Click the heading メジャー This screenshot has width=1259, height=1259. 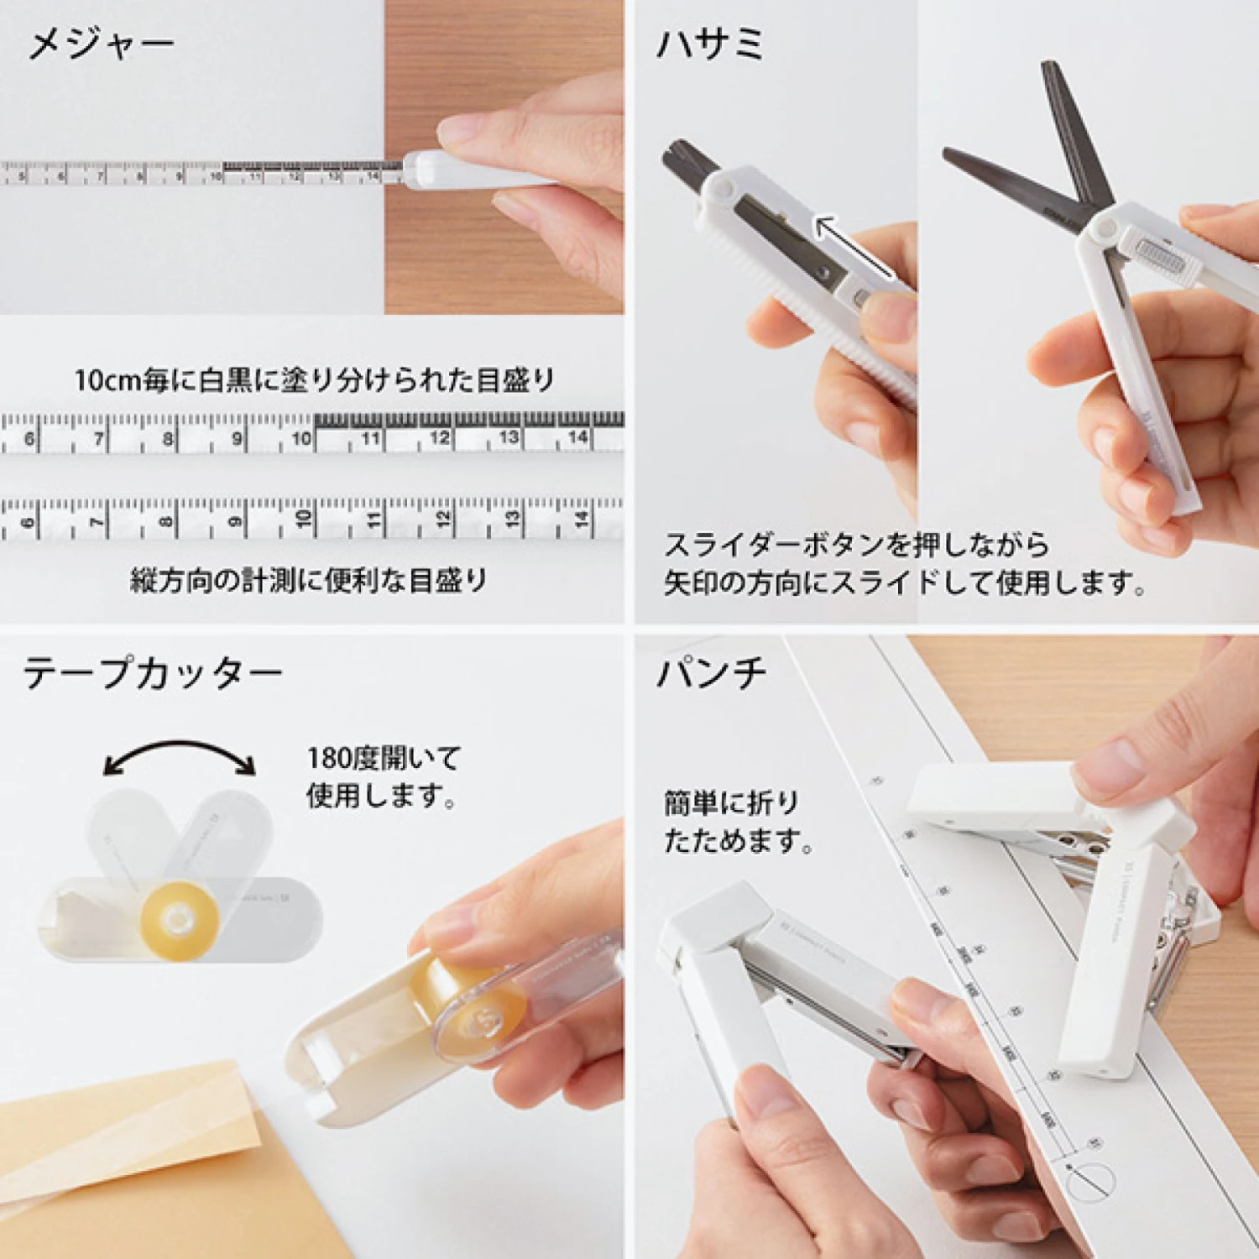click(x=101, y=44)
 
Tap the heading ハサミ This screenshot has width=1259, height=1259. click(x=709, y=44)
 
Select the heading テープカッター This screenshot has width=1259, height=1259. click(x=152, y=673)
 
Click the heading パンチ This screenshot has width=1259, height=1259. click(x=712, y=673)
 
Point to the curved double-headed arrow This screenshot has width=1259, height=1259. click(x=180, y=753)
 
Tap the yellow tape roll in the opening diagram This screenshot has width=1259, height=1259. click(x=179, y=920)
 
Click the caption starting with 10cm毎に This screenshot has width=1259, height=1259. click(x=314, y=380)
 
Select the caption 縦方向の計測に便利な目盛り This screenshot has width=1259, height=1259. click(x=309, y=579)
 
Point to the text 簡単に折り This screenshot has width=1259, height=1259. click(x=731, y=803)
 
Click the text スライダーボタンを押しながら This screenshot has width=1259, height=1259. click(x=857, y=545)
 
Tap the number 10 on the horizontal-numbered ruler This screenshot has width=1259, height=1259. click(x=301, y=438)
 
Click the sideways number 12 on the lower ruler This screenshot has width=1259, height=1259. click(x=442, y=519)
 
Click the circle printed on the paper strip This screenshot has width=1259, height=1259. click(x=1091, y=1182)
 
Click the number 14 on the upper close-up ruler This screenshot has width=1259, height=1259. click(x=578, y=437)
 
